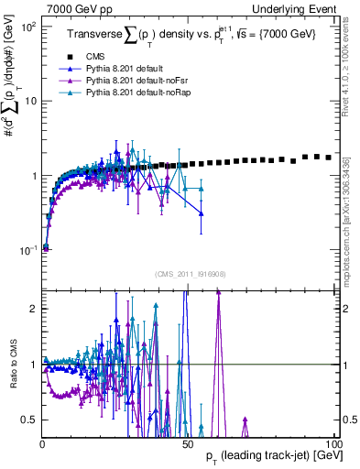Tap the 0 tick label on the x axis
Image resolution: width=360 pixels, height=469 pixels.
click(x=42, y=444)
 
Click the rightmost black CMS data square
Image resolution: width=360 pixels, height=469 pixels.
click(x=328, y=158)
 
